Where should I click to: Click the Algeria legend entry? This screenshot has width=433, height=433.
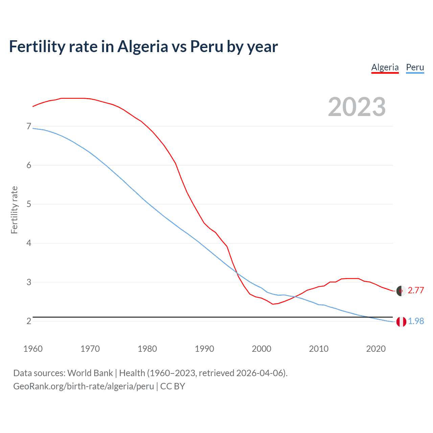(385, 67)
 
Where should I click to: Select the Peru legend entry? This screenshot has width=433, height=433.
(415, 67)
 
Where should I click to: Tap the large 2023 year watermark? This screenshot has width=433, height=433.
(357, 107)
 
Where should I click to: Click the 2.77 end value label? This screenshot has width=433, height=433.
(416, 291)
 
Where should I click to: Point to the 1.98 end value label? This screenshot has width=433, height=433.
(416, 321)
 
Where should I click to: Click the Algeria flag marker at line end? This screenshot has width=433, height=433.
(401, 291)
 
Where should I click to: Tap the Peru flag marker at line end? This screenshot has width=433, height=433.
(401, 322)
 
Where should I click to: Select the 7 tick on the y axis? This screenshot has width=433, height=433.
(29, 127)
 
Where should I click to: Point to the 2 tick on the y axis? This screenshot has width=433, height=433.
(29, 321)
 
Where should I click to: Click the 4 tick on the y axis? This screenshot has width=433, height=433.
(29, 243)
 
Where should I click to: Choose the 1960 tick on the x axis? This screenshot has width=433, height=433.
(33, 349)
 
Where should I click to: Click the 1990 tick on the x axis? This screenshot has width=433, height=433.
(204, 349)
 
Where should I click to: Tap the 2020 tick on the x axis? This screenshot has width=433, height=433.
(376, 349)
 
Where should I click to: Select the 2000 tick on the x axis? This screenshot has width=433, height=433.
(261, 349)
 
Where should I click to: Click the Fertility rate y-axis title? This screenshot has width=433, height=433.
(14, 210)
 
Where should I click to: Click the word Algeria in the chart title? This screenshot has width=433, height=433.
(142, 47)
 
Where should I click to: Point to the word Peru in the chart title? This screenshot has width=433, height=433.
(206, 47)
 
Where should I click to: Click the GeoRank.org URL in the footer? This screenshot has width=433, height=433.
(84, 386)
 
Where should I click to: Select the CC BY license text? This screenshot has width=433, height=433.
(173, 386)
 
